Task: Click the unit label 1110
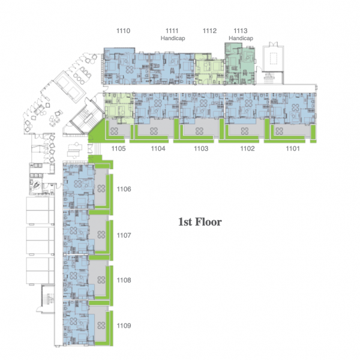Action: point(123,31)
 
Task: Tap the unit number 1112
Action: point(209,31)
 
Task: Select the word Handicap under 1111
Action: point(173,38)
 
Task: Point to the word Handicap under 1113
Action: point(241,38)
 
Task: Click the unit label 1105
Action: point(118,149)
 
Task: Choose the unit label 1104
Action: point(158,149)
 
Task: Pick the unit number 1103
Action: point(201,149)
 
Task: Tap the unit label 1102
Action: point(247,149)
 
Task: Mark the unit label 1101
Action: point(293,149)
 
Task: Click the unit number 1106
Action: point(124,189)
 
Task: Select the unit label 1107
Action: point(124,235)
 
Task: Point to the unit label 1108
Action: point(124,280)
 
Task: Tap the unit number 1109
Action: point(124,326)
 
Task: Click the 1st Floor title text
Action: point(200,222)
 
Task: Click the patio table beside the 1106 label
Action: point(101,188)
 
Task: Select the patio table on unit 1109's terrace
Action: point(101,325)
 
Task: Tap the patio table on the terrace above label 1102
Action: point(245,131)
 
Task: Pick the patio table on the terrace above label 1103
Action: point(199,131)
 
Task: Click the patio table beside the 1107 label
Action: point(101,235)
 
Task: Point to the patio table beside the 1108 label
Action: point(101,280)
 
